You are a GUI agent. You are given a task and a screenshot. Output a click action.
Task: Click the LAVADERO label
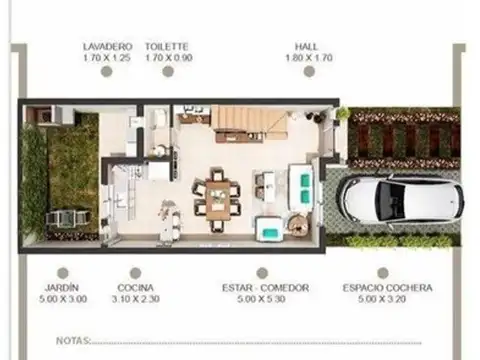[x=107, y=46]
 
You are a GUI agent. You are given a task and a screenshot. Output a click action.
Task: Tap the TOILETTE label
[x=167, y=46]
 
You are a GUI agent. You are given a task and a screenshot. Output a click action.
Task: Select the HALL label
[x=308, y=46]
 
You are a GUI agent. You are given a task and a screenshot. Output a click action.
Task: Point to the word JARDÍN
[x=62, y=288]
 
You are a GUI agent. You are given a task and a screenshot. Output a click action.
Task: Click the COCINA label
[x=135, y=288]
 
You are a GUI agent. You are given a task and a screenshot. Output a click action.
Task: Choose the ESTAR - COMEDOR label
[x=265, y=288]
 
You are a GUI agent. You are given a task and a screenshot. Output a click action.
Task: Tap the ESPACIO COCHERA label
[x=388, y=288]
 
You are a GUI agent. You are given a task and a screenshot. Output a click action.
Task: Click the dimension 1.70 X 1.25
[x=107, y=58]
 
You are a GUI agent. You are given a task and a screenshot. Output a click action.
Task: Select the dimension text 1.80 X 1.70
[x=308, y=58]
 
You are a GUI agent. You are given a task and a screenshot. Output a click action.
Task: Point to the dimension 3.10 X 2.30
[x=135, y=299]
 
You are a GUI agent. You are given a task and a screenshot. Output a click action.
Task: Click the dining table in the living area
[x=217, y=195]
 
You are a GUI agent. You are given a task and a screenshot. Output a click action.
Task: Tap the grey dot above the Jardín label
[x=62, y=272]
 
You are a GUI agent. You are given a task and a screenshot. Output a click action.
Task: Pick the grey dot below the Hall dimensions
[x=308, y=73]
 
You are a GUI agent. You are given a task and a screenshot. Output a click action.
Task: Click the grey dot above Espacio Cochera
[x=388, y=272]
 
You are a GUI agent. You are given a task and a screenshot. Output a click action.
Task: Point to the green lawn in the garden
[x=72, y=165]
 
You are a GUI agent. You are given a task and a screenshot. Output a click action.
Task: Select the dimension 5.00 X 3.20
[x=388, y=299]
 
